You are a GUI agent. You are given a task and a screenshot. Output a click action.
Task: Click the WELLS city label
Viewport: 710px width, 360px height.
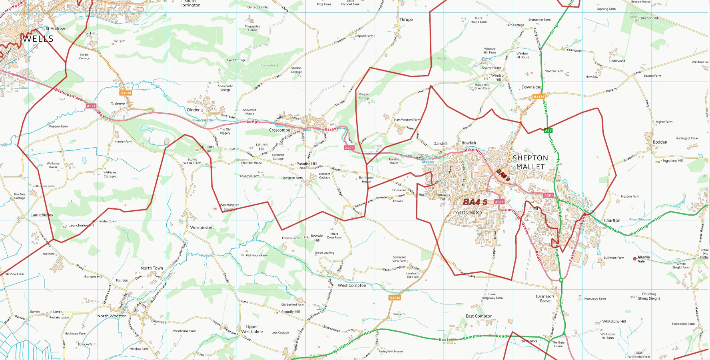pos(38,39)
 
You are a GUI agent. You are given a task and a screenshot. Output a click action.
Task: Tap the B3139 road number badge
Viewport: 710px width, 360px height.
pos(126,93)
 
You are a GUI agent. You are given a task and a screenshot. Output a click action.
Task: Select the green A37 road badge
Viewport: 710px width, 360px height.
pos(548,130)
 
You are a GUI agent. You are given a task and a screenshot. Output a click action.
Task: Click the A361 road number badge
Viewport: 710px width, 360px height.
pos(548,196)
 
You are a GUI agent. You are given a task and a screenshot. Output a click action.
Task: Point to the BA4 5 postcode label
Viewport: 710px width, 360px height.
pos(475,202)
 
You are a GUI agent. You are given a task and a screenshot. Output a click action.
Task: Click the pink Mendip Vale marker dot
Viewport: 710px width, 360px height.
pos(634,259)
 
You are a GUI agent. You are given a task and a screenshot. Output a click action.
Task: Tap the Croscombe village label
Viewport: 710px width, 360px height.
pos(279,130)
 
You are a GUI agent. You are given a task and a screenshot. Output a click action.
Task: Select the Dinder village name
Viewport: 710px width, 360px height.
pos(193,110)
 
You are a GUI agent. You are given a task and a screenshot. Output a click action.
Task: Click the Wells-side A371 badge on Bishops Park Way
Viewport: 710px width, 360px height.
pos(91,106)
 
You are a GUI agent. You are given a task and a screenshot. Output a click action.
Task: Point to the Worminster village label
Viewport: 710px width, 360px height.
pos(201,228)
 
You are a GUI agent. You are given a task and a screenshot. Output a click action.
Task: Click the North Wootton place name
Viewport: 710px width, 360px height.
pos(112,316)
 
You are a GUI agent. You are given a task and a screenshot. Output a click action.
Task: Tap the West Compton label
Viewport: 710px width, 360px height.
pos(352,285)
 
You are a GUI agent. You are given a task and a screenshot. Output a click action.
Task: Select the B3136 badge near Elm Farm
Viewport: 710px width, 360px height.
pos(395,298)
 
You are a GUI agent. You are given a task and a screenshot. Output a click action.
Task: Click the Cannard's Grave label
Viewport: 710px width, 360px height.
pos(545,298)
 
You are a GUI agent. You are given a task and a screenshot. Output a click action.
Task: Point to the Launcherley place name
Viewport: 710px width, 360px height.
pos(42,215)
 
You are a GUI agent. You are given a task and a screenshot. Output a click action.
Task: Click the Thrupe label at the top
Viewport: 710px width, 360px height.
pos(406,19)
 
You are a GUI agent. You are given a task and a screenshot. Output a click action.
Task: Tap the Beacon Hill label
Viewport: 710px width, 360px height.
pos(649,18)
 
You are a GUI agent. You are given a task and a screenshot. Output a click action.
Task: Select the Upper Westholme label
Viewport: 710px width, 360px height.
pos(252,329)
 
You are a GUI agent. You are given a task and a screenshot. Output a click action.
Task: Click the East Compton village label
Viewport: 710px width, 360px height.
pos(479,316)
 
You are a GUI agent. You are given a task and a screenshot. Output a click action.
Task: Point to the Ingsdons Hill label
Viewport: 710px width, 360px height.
pos(673,160)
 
